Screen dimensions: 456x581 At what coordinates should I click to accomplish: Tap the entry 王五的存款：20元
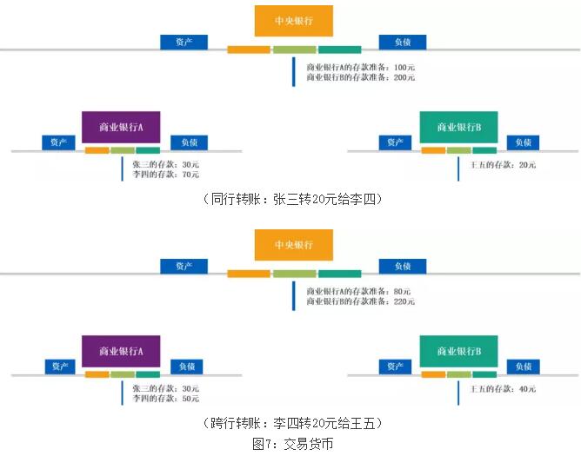(x=503, y=164)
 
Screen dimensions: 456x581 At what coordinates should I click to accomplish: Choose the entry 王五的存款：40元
(x=503, y=388)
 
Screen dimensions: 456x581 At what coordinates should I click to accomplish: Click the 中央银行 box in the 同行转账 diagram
(x=293, y=21)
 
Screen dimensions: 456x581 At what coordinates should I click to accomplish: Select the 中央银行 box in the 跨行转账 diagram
(x=293, y=244)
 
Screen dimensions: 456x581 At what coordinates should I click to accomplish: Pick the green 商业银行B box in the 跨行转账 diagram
(x=458, y=351)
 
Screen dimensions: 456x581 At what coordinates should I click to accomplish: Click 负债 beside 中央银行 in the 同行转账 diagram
(x=402, y=42)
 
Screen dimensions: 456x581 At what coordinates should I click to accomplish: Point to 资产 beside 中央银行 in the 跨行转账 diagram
(x=184, y=266)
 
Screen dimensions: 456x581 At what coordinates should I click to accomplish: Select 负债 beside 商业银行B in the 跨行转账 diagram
(x=523, y=367)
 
